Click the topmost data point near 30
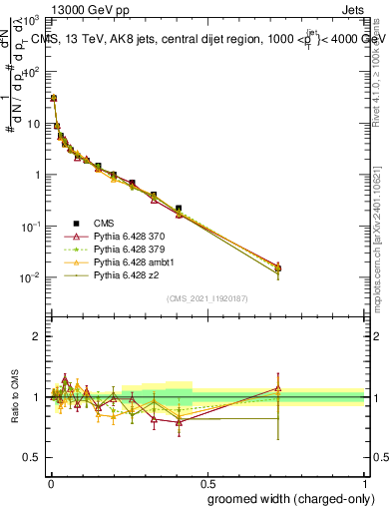(53, 98)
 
